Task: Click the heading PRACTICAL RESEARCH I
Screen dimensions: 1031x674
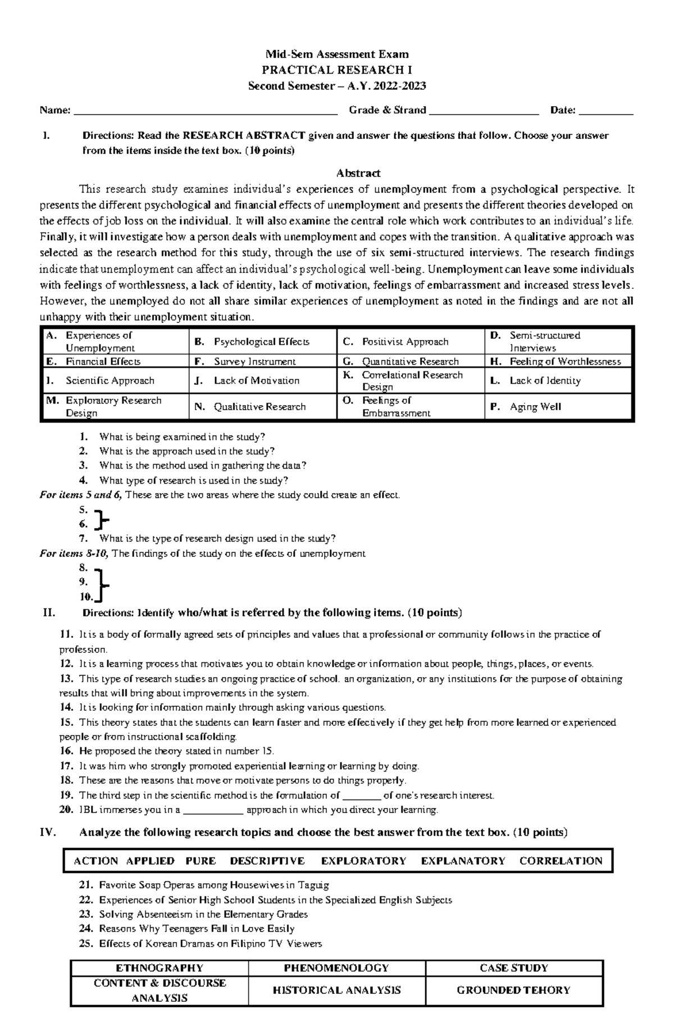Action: click(337, 70)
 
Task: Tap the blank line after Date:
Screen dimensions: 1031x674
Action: click(605, 112)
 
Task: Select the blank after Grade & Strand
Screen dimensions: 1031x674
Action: click(484, 112)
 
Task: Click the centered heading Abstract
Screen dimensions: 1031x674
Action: click(358, 173)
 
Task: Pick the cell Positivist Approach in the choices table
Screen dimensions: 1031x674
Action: click(405, 342)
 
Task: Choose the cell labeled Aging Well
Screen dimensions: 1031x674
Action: click(535, 407)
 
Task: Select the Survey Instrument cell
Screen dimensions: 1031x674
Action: click(254, 362)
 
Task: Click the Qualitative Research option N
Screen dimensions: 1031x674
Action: click(259, 407)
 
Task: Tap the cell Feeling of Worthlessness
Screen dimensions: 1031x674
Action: click(564, 362)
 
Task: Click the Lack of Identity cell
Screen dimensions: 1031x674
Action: click(545, 381)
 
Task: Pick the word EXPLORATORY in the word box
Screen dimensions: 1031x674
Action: click(363, 861)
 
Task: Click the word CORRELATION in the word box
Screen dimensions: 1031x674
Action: click(561, 861)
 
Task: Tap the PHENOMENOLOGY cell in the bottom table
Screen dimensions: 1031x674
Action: click(336, 968)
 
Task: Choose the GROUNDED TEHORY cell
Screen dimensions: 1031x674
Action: click(513, 991)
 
